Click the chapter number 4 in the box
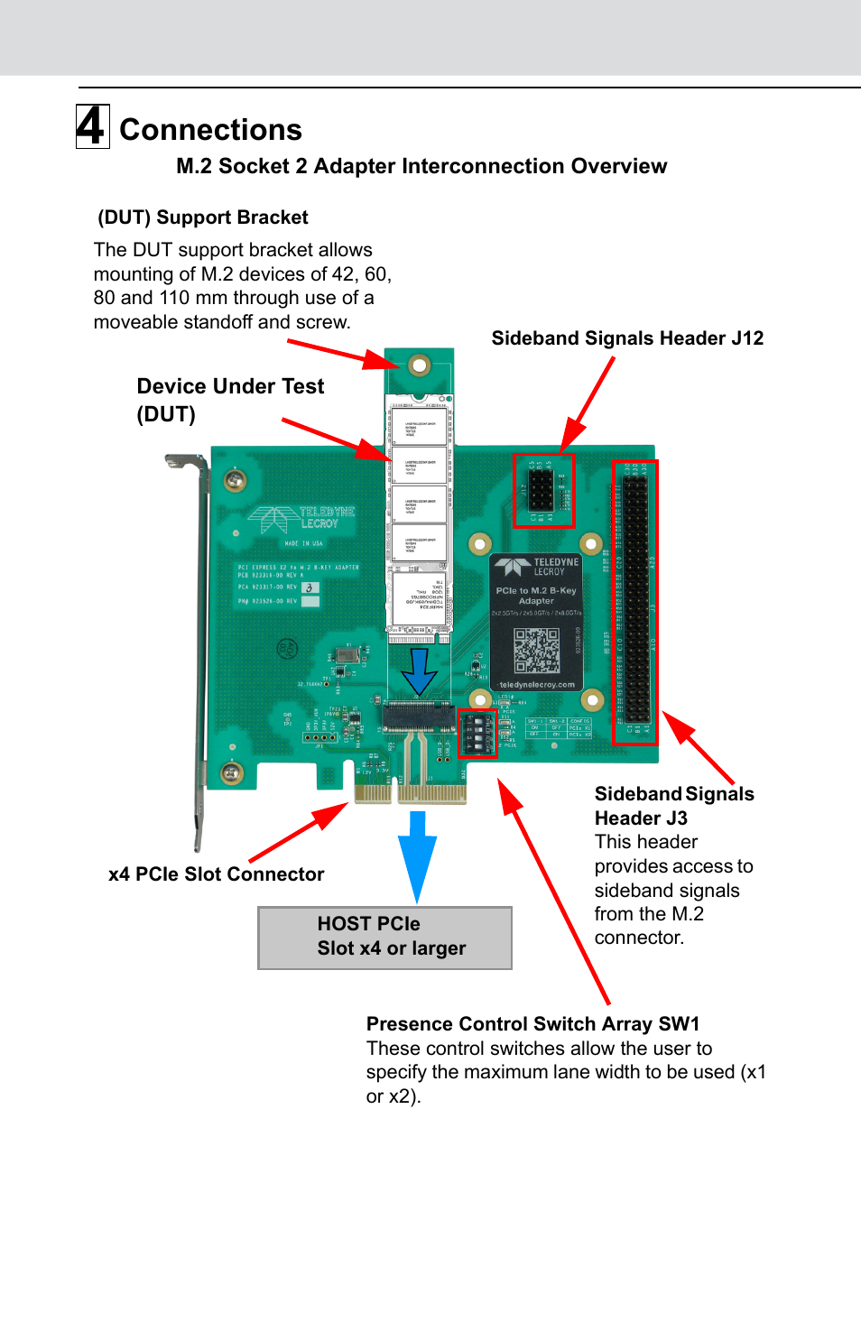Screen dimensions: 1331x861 click(92, 126)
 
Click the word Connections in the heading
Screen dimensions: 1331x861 click(210, 130)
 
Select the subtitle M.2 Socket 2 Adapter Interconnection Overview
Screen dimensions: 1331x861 click(421, 166)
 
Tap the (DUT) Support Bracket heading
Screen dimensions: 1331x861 click(203, 217)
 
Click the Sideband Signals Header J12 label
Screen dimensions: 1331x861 click(627, 338)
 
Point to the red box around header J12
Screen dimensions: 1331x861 click(543, 490)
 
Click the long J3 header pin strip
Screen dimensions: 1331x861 click(635, 602)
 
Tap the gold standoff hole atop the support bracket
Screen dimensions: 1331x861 click(419, 365)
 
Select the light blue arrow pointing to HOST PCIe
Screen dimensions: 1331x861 click(417, 853)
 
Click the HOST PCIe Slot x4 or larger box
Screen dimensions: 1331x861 click(385, 938)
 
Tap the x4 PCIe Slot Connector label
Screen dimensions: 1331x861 click(216, 874)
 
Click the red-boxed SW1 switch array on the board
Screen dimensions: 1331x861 click(477, 733)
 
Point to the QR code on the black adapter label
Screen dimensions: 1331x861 click(536, 650)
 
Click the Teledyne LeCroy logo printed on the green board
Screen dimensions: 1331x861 click(302, 519)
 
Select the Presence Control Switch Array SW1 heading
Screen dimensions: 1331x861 click(532, 1024)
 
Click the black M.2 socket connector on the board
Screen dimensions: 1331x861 click(419, 718)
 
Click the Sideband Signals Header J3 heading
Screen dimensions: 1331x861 click(673, 806)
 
